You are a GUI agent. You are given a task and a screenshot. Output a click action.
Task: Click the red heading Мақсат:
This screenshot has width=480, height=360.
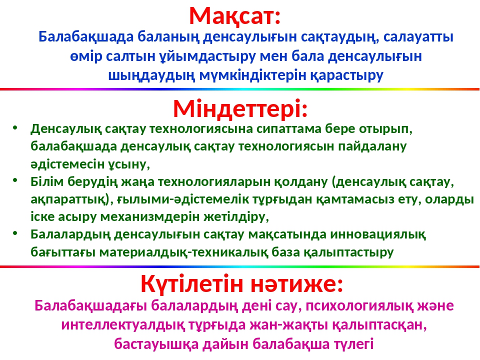coord(235,16)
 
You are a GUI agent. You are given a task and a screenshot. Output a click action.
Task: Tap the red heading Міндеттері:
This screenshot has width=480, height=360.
coord(240,109)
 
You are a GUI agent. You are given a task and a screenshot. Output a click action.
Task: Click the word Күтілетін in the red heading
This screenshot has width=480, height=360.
coord(192,284)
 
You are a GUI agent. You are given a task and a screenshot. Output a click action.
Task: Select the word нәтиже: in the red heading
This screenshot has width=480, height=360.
coord(297,284)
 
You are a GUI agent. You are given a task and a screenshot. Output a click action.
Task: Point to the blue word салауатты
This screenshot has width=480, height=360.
coord(418,37)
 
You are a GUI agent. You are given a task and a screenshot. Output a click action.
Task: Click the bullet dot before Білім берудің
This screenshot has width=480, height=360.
coord(15,180)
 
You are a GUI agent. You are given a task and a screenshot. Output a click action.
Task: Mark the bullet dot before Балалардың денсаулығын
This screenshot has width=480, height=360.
coord(15,233)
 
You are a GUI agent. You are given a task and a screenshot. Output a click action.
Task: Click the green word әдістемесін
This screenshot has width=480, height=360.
coord(67,164)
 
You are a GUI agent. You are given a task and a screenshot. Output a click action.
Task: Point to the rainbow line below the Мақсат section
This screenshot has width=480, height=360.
coord(239,89)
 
